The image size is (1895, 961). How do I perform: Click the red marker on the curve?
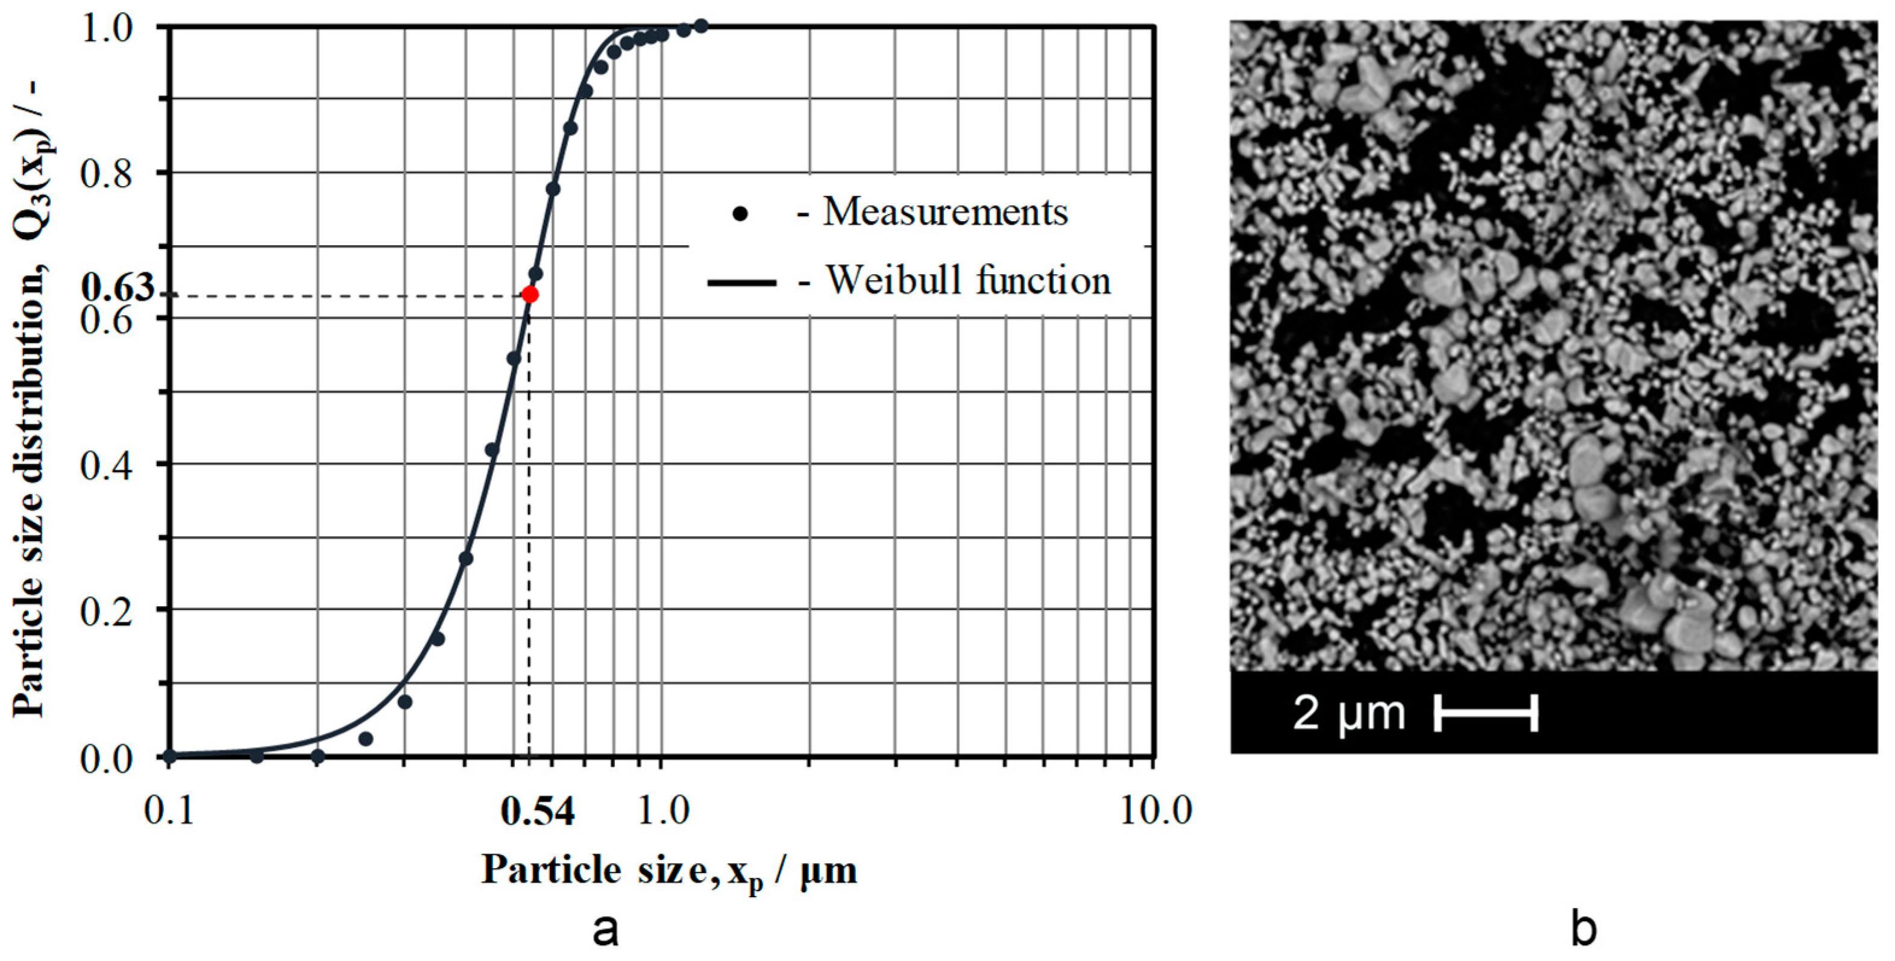(530, 295)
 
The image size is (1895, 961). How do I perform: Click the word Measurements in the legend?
(944, 213)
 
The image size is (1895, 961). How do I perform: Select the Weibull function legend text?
(968, 281)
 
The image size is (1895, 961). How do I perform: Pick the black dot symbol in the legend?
(741, 214)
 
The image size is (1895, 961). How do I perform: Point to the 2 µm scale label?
(1348, 713)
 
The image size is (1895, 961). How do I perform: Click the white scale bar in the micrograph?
(1486, 713)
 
